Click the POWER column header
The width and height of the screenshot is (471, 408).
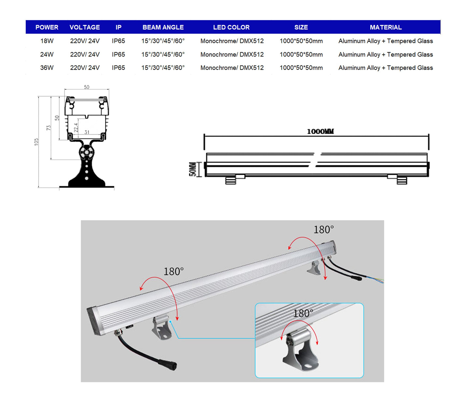coord(47,27)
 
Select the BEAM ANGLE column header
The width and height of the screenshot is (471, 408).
coord(163,27)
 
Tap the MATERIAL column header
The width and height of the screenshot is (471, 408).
coord(386,27)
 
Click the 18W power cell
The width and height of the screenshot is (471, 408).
coord(47,41)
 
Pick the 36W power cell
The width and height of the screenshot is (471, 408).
coord(47,68)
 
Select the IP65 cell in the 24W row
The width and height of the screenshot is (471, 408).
coord(118,54)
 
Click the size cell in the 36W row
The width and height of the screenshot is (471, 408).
coord(301,68)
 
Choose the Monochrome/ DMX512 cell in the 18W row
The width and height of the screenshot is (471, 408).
coord(232,41)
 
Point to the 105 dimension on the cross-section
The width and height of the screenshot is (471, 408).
coord(36,142)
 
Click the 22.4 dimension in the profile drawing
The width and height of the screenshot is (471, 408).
coord(76,127)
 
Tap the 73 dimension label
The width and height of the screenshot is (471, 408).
coord(49,128)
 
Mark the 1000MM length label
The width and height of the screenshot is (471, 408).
coord(320,131)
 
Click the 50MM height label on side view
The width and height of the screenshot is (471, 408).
coord(193,169)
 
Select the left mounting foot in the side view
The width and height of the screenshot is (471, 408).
coord(231,180)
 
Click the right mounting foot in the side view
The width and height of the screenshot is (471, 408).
coord(402,180)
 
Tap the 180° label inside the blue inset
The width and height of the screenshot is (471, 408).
coord(303,314)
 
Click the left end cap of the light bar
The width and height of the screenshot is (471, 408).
coord(94,321)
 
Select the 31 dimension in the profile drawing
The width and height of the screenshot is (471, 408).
coord(87,132)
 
